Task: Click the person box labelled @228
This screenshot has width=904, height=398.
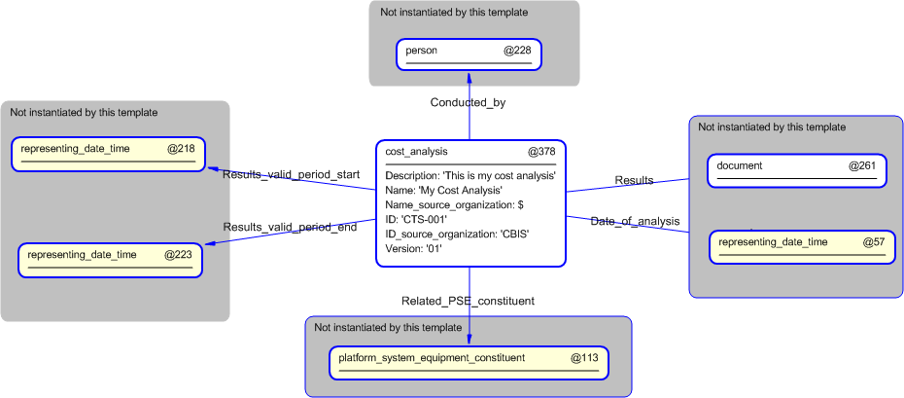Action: (469, 54)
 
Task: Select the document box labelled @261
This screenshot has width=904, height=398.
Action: (796, 170)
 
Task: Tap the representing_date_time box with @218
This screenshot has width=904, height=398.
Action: (107, 154)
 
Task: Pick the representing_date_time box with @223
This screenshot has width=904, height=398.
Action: (110, 260)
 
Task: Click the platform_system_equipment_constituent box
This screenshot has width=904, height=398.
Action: (469, 362)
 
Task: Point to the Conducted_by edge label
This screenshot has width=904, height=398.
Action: (468, 102)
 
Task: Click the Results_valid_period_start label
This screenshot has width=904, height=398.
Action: (291, 175)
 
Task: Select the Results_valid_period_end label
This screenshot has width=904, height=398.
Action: (290, 228)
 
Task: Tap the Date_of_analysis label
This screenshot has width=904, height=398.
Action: (635, 222)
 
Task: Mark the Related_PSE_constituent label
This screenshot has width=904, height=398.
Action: (468, 301)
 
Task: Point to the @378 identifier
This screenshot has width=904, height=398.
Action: (541, 152)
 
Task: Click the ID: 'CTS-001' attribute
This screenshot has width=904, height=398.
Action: (416, 220)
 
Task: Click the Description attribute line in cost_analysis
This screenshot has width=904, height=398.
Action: (469, 176)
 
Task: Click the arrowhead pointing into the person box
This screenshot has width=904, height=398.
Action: (469, 75)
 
